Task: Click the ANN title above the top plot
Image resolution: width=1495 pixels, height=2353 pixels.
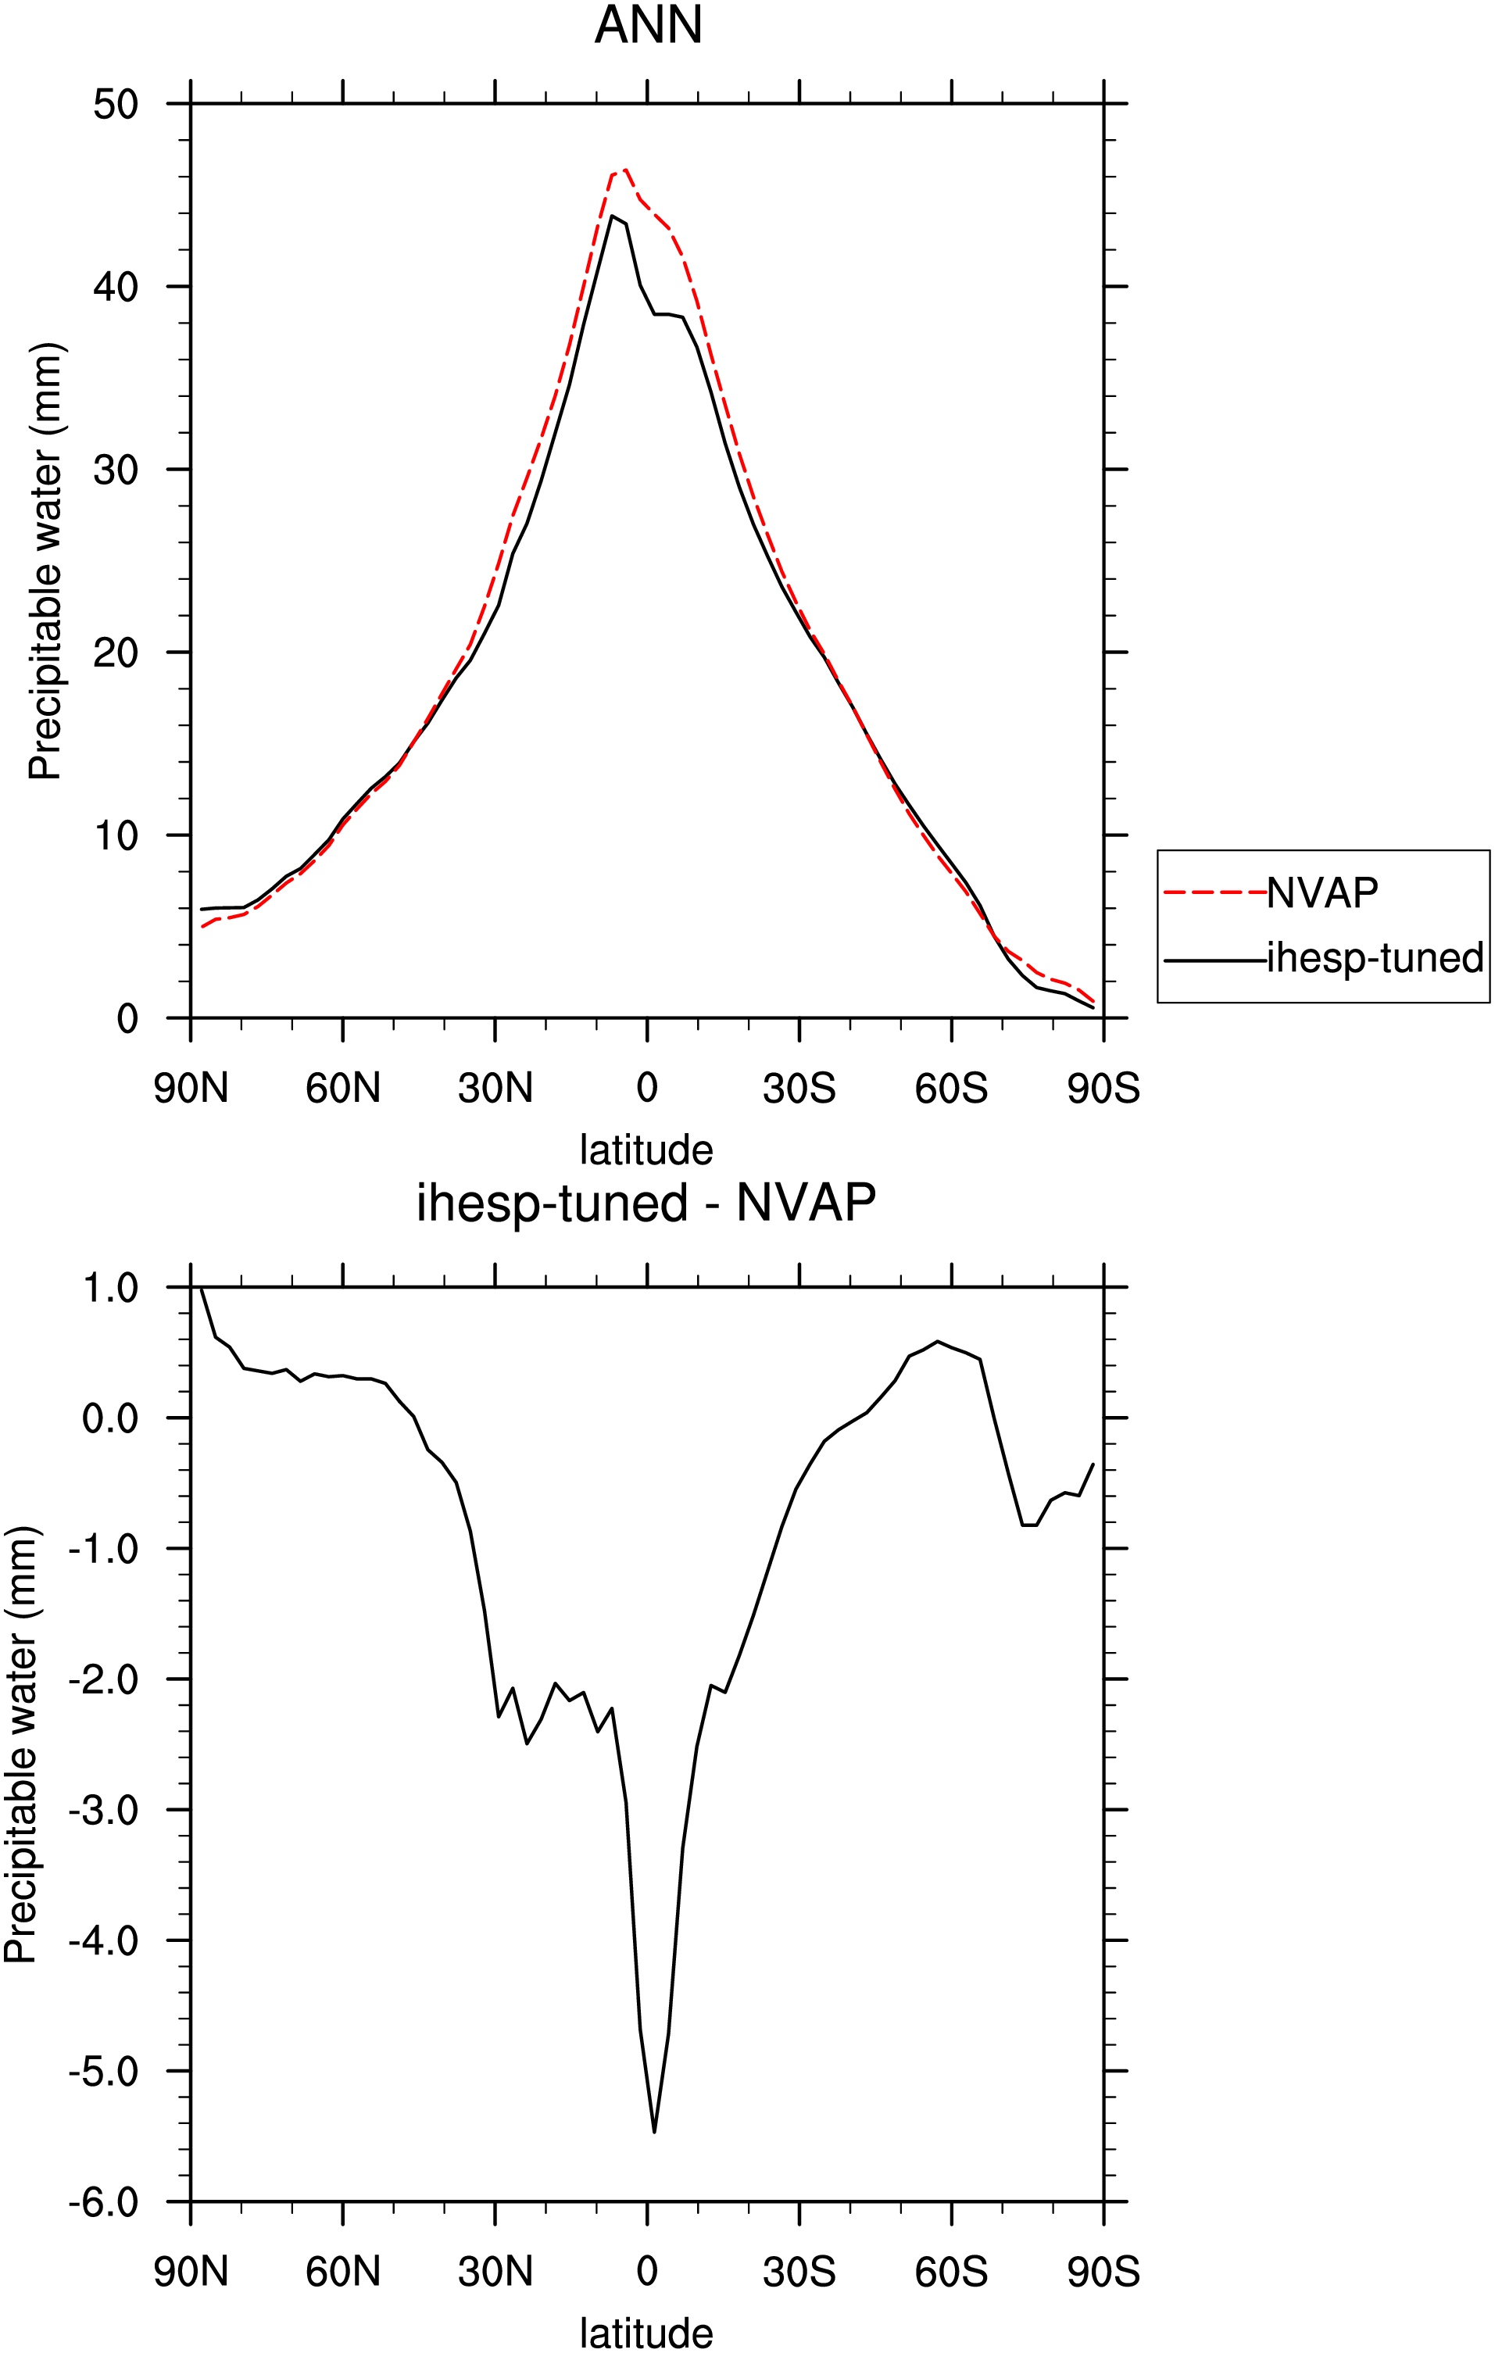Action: [648, 26]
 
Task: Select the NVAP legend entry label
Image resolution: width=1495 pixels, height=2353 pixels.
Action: [1322, 892]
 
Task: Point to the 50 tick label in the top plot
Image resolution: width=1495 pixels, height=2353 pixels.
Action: [116, 104]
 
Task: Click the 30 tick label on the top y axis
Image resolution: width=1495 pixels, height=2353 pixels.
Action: [116, 469]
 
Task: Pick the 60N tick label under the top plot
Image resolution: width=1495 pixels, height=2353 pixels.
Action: [343, 1088]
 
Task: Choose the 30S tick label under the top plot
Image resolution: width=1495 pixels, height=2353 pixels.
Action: [799, 1088]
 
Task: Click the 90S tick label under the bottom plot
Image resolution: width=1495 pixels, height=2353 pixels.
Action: [1103, 2271]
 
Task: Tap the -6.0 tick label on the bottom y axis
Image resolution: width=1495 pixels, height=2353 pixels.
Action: [104, 2202]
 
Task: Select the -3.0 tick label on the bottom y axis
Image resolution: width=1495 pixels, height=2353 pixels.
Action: [104, 1810]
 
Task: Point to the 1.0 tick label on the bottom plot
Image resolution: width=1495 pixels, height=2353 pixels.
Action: [110, 1288]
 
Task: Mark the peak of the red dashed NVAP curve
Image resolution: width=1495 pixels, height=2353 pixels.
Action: [625, 169]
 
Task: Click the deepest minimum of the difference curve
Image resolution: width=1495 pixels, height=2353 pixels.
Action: [653, 2131]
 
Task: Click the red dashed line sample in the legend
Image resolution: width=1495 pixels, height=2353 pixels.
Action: [1215, 892]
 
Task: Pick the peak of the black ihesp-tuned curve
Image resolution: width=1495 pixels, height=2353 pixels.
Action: [613, 215]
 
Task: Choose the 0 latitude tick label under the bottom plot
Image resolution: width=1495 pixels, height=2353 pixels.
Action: [647, 2271]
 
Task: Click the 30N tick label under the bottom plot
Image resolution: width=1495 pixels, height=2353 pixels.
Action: [495, 2271]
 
